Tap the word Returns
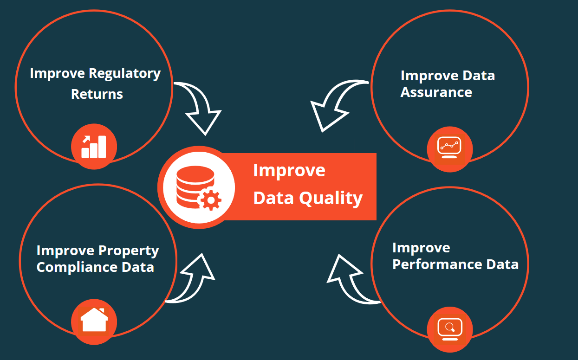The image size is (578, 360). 97,94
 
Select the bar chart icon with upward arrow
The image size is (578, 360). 94,147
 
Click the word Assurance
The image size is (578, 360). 436,92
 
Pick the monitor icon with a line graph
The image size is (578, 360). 449,148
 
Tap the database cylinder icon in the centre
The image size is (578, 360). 195,187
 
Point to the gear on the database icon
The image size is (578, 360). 211,200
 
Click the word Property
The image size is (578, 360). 129,251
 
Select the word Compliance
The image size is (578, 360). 77,267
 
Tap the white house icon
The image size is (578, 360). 94,320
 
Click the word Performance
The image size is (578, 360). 437,265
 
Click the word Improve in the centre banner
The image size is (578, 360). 289,171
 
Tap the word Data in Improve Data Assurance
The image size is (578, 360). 479,76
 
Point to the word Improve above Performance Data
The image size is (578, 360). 421,248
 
